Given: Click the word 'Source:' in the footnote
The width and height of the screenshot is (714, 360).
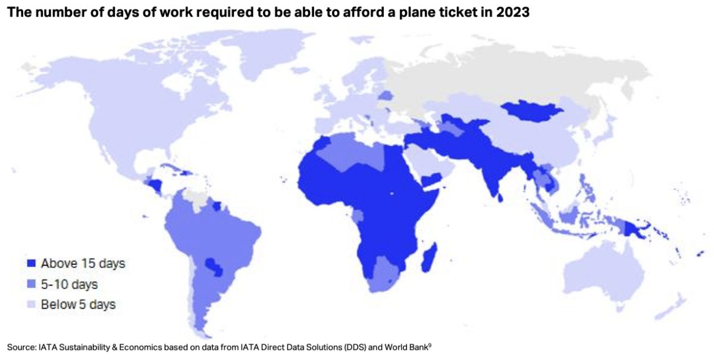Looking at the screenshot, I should click(x=20, y=347).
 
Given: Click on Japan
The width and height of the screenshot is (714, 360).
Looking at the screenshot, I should click(x=607, y=134).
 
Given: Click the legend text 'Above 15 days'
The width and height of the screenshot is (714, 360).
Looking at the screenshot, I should click(x=83, y=263).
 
